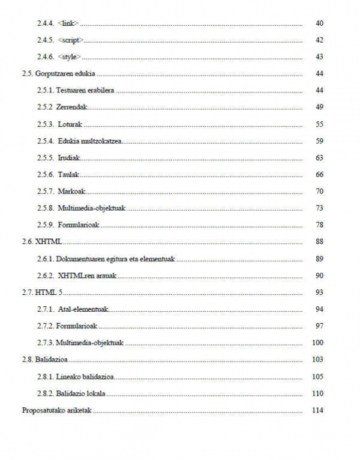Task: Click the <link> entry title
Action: coord(68,23)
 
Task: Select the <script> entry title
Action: coord(71,40)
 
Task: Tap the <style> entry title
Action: coord(70,57)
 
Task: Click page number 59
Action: coord(319,141)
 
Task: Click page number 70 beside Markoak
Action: coord(319,192)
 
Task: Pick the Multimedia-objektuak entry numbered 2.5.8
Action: coord(92,208)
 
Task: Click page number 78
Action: coord(319,225)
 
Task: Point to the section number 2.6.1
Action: coord(46,259)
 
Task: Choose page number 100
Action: coord(318,343)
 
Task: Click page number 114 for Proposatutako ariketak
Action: coord(318,410)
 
